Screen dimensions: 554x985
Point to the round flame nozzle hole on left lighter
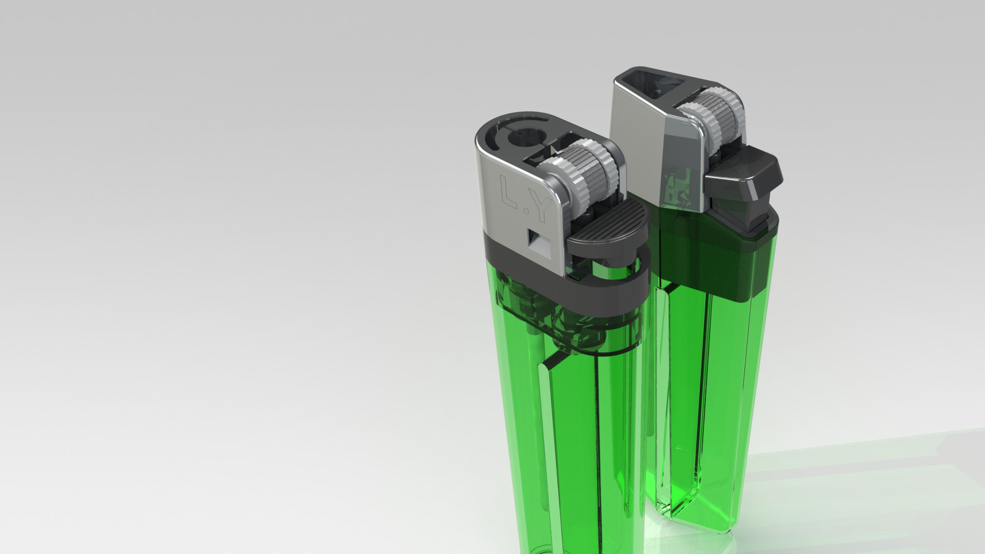(x=520, y=138)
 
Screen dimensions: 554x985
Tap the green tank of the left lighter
(x=575, y=451)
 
